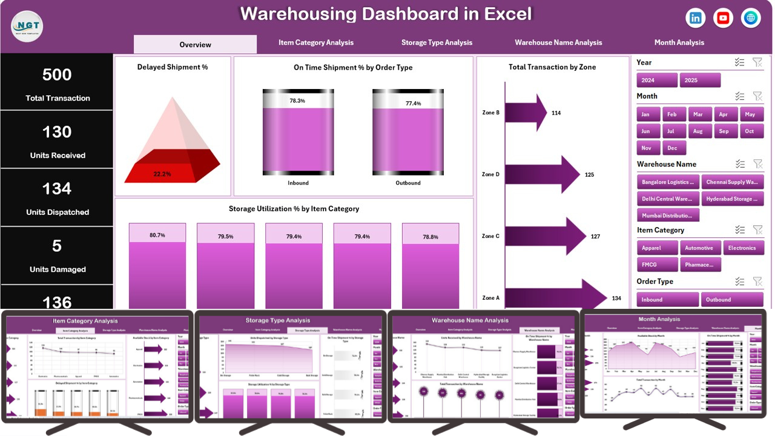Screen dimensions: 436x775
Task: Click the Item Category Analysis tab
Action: pos(316,43)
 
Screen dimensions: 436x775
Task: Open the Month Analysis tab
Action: pos(679,43)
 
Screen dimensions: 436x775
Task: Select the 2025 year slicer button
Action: pos(700,80)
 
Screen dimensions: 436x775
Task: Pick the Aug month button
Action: pos(698,131)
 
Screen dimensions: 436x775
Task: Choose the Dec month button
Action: pos(672,148)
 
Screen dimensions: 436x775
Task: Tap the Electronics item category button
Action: pos(742,248)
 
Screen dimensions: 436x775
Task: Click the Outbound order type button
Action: pos(731,299)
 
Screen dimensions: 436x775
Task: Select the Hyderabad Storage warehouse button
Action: pos(731,199)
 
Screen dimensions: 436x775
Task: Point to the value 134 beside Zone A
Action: pos(616,298)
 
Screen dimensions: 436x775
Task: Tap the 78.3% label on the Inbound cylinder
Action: pos(297,101)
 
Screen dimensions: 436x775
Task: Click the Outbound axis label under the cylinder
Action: pos(408,183)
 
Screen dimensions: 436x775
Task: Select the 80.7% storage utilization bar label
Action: pos(157,235)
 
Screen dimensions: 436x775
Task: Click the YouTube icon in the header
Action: pos(723,18)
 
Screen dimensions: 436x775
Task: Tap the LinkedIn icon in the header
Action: pos(696,18)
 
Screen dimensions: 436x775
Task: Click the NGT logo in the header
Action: pos(27,27)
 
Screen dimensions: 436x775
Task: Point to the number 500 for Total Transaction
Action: pos(57,75)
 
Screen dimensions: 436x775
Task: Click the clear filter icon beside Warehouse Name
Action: pos(757,164)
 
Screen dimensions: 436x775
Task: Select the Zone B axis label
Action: pos(490,113)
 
